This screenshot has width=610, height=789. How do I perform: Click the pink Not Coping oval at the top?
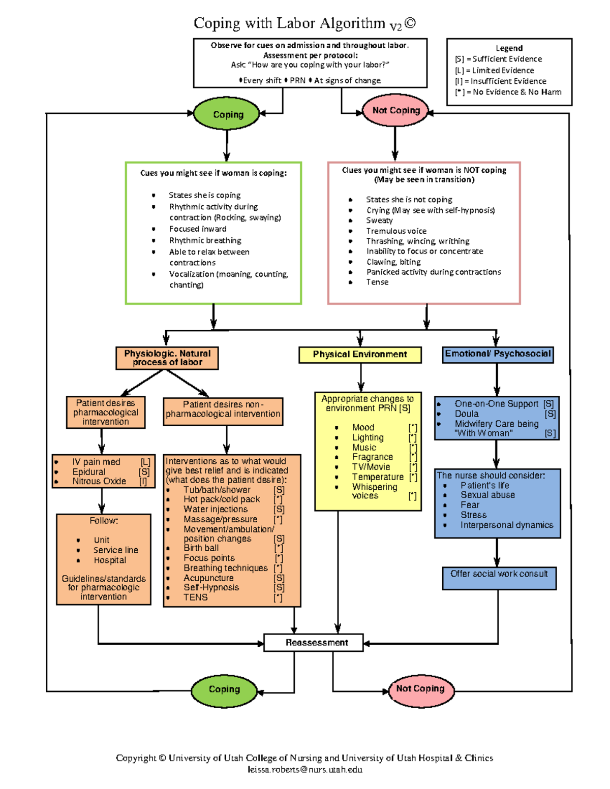click(x=395, y=110)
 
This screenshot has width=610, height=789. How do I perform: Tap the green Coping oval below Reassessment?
click(x=224, y=689)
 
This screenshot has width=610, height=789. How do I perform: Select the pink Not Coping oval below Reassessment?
click(x=420, y=689)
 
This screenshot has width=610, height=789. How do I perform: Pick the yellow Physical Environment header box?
click(x=360, y=355)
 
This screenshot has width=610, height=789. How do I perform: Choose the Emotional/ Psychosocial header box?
click(x=498, y=354)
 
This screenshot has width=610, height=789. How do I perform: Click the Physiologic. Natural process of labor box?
click(x=167, y=358)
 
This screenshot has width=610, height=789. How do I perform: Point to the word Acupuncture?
click(x=208, y=578)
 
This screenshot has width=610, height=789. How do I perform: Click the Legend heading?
click(x=509, y=48)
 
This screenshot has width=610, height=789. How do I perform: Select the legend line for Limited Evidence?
click(x=495, y=71)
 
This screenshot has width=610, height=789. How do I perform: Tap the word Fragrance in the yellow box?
click(x=372, y=457)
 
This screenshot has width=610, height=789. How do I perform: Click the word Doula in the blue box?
click(x=466, y=414)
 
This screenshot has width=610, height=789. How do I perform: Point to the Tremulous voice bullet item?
click(x=396, y=231)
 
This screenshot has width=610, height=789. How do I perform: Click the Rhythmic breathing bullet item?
click(x=205, y=241)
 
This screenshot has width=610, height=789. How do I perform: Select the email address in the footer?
click(x=305, y=770)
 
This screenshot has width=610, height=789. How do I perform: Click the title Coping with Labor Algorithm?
click(x=289, y=23)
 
